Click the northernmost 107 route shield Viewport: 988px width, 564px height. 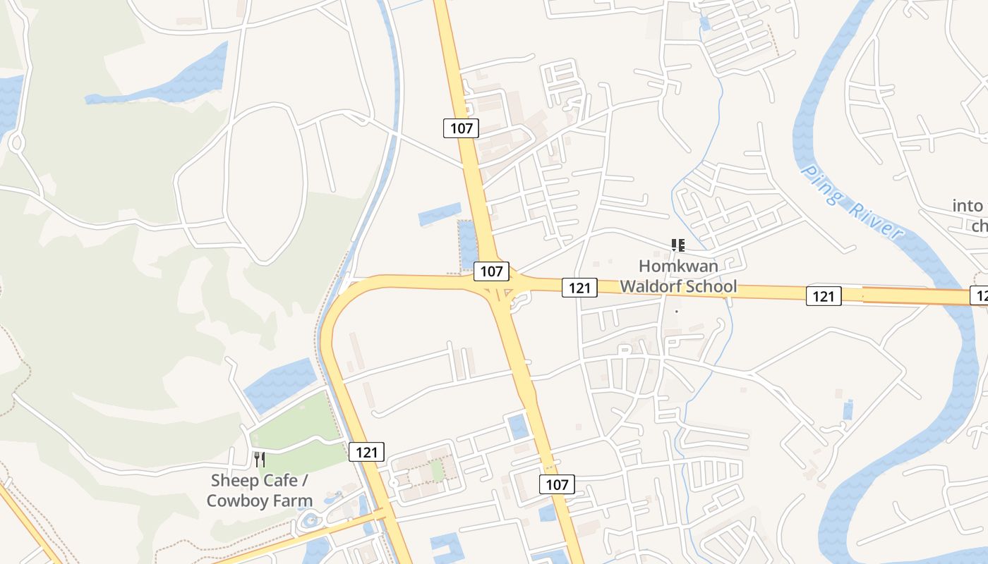pyautogui.click(x=462, y=128)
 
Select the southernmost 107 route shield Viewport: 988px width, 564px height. pyautogui.click(x=557, y=484)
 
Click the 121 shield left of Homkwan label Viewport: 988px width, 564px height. pyautogui.click(x=579, y=287)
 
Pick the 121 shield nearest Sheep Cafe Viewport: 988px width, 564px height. pyautogui.click(x=367, y=452)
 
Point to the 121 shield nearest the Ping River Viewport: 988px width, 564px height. pyautogui.click(x=824, y=296)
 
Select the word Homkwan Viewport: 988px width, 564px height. pyautogui.click(x=678, y=266)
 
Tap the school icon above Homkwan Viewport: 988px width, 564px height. pyautogui.click(x=678, y=245)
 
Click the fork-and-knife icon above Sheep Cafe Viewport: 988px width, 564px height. pyautogui.click(x=260, y=460)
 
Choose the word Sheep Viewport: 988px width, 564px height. pyautogui.click(x=234, y=481)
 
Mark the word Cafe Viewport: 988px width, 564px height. pyautogui.click(x=281, y=481)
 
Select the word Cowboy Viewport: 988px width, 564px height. pyautogui.click(x=236, y=501)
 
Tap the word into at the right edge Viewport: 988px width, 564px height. pyautogui.click(x=968, y=206)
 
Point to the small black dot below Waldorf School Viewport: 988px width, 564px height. pyautogui.click(x=676, y=311)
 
